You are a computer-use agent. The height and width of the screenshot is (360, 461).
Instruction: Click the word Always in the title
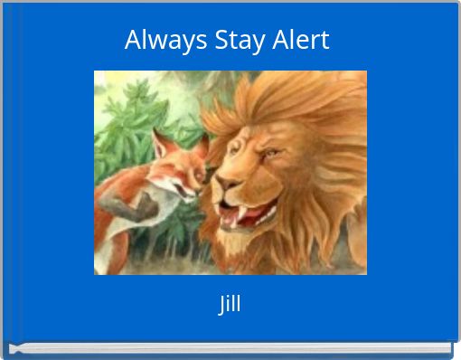click(153, 41)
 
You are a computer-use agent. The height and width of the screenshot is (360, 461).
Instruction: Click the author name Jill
click(230, 304)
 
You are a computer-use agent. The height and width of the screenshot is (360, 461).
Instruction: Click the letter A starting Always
click(133, 41)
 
